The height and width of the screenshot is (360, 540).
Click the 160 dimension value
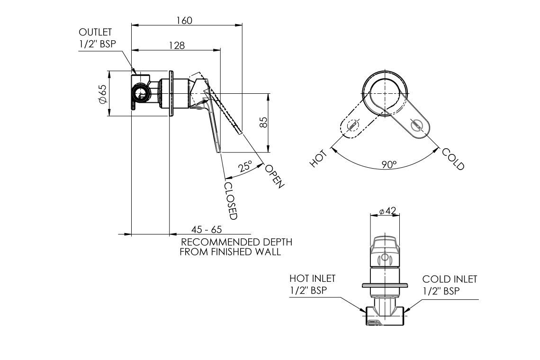(x=184, y=20)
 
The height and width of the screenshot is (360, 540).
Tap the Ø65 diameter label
(x=101, y=94)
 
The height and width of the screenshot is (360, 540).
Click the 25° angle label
(x=245, y=167)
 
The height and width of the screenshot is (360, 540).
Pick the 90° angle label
(x=389, y=165)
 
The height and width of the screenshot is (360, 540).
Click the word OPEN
(x=275, y=176)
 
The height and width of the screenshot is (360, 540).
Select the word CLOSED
(x=231, y=201)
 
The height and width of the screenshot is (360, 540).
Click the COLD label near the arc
(x=453, y=159)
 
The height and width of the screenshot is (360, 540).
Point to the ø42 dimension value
(x=387, y=211)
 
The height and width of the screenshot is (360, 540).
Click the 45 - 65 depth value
(x=207, y=230)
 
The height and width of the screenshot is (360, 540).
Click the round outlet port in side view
(x=140, y=94)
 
